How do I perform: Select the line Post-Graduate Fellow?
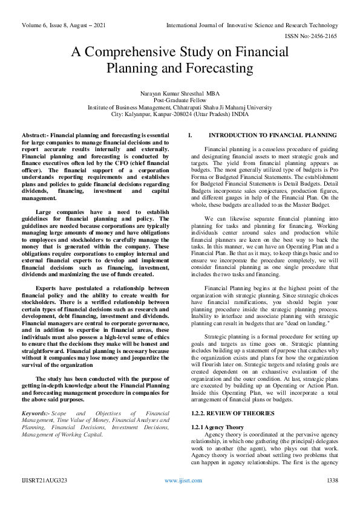[x=180, y=100]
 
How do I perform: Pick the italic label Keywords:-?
[x=36, y=412]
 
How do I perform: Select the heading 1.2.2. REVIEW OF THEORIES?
[x=208, y=396]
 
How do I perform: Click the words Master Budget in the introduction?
[x=292, y=204]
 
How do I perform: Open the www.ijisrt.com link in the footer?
[x=179, y=497]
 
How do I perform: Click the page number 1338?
[x=332, y=497]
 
